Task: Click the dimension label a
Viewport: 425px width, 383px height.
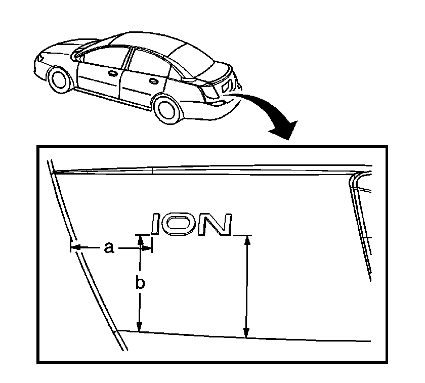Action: pos(109,248)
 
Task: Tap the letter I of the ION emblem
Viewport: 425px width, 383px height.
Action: pos(156,224)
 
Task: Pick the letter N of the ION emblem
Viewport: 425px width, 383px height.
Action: pos(215,224)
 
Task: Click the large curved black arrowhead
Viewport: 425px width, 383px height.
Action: pos(284,130)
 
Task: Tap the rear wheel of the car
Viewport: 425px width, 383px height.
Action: pos(167,108)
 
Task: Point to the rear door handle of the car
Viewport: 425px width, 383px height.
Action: pos(154,81)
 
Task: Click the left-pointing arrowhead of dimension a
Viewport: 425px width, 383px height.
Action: pos(75,247)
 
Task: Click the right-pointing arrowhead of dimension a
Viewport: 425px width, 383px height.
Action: pos(147,248)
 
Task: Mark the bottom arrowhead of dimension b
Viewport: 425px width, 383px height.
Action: pos(139,326)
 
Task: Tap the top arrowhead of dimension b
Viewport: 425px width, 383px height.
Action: pos(141,240)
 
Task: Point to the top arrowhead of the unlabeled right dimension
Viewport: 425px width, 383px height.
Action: pos(247,241)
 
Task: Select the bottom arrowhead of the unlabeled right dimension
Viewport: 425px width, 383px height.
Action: pos(246,333)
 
